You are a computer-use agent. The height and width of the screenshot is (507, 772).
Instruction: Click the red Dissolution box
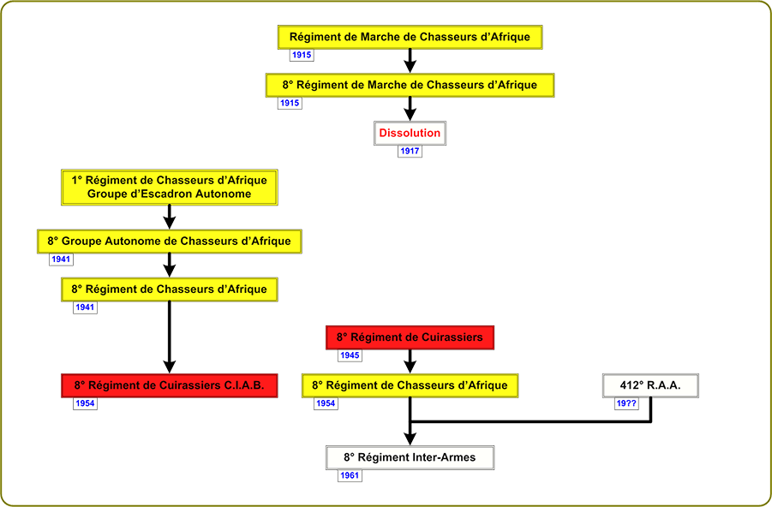410,133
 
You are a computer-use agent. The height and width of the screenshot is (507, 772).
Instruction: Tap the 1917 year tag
410,151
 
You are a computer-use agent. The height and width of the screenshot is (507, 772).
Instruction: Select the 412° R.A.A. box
650,385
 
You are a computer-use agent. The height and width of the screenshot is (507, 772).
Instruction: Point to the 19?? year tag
626,403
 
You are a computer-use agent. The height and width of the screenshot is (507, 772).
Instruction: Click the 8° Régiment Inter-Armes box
410,457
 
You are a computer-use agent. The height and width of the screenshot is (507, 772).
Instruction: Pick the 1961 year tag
350,475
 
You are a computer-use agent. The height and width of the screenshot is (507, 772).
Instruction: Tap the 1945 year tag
350,355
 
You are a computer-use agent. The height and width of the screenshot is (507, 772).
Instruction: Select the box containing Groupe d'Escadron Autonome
170,187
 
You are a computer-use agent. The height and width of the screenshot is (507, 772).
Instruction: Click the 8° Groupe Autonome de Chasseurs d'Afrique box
170,242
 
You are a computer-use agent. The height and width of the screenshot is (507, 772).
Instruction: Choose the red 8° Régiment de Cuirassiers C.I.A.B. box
170,385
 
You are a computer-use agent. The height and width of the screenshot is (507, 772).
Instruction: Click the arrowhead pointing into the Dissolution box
410,115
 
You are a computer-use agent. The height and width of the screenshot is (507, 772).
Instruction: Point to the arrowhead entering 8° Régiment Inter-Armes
410,439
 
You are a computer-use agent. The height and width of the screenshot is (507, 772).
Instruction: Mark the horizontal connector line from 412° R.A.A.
530,421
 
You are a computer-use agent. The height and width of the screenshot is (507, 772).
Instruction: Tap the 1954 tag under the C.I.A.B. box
85,403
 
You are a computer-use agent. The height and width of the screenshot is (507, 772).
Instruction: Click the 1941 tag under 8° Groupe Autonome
61,259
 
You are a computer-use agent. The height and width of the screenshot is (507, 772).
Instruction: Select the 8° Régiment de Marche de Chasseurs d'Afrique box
410,85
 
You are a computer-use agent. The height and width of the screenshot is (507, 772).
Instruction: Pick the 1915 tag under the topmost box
302,55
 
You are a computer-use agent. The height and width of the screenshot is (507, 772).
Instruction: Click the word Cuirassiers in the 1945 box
452,337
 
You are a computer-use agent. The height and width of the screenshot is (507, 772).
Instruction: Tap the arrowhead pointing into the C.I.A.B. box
170,367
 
